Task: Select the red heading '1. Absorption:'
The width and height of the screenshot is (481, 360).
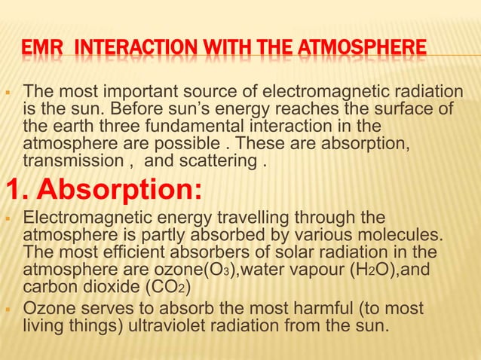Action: [x=105, y=188]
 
